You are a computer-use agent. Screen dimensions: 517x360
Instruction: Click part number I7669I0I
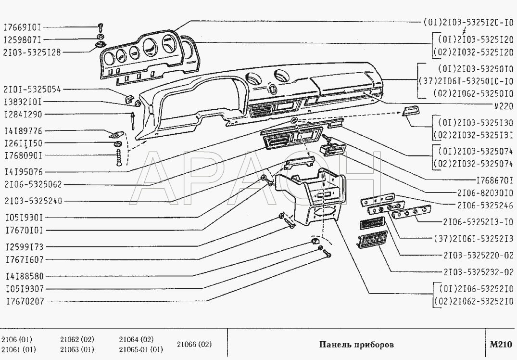click(23, 27)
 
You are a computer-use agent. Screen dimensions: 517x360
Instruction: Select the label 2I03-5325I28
click(32, 52)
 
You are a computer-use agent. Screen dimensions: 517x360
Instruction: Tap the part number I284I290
click(24, 115)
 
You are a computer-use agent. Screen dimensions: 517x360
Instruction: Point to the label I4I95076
click(24, 172)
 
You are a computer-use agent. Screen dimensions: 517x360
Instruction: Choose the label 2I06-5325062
click(33, 184)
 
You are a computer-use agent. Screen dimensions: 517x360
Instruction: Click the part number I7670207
click(25, 301)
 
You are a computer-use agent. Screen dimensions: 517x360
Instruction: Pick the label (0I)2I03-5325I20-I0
click(468, 23)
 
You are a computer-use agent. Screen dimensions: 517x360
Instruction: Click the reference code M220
click(504, 106)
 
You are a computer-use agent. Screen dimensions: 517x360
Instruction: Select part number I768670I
click(494, 180)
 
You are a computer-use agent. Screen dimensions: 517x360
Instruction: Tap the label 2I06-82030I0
click(485, 193)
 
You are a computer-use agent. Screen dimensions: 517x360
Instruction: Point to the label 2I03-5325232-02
click(479, 272)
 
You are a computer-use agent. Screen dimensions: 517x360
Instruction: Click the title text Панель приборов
click(356, 345)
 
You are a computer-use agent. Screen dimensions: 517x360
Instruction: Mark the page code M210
click(501, 345)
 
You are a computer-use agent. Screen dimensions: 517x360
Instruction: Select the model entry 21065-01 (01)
click(141, 349)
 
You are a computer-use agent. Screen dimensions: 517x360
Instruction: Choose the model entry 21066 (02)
click(194, 345)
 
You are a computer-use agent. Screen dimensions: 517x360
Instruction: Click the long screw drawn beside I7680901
click(119, 157)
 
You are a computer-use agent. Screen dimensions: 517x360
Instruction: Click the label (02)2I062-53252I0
click(473, 301)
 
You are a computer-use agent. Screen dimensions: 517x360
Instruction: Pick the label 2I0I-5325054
click(32, 90)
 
